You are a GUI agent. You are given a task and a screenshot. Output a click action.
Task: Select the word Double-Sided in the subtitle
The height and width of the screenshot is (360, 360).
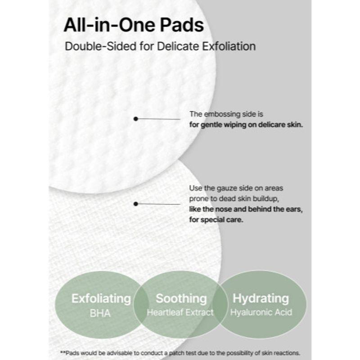click(92, 46)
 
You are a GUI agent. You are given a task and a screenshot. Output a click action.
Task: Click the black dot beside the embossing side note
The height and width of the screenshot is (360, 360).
click(135, 119)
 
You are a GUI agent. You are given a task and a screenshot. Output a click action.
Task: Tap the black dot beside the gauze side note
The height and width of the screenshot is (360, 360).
click(135, 204)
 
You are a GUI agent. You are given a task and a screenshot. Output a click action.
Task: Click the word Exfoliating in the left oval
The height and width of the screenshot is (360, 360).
click(101, 298)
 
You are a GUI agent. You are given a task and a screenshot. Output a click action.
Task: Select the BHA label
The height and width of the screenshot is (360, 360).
click(100, 313)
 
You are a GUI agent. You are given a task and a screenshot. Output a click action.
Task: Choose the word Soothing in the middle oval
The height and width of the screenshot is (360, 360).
click(181, 298)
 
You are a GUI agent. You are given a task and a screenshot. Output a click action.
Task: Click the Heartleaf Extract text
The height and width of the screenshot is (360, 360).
click(180, 312)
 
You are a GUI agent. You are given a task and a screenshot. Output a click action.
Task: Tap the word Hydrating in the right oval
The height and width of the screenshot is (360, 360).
click(261, 298)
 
